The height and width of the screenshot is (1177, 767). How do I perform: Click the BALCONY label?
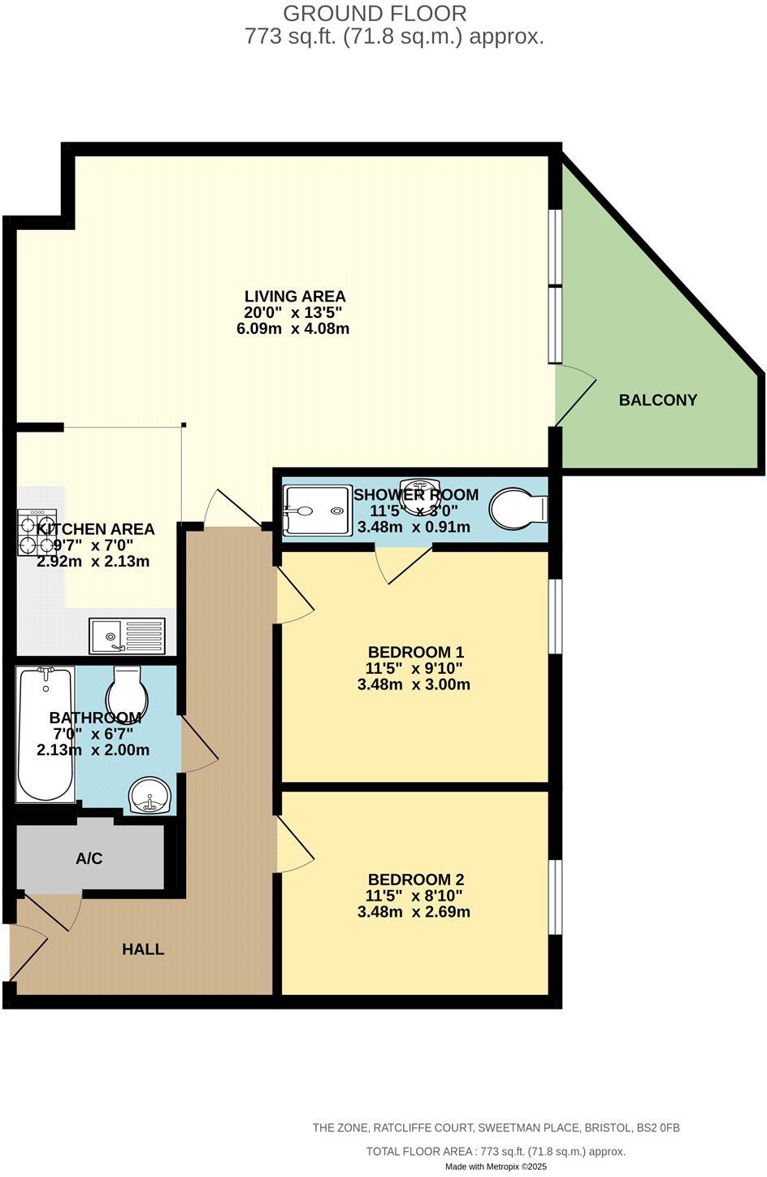pyautogui.click(x=657, y=400)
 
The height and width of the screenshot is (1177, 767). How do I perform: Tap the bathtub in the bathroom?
pyautogui.click(x=46, y=734)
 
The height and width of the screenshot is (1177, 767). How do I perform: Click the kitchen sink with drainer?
pyautogui.click(x=128, y=635)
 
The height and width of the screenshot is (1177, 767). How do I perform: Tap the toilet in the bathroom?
pyautogui.click(x=127, y=690)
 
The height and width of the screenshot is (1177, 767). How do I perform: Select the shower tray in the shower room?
pyautogui.click(x=315, y=510)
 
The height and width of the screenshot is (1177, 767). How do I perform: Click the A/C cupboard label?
pyautogui.click(x=89, y=858)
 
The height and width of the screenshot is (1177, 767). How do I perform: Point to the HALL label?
pyautogui.click(x=143, y=949)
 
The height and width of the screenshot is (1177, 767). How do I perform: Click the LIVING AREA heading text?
pyautogui.click(x=295, y=297)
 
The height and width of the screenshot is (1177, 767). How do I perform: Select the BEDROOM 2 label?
pyautogui.click(x=415, y=879)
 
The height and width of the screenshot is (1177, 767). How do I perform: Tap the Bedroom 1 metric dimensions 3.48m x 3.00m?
pyautogui.click(x=414, y=684)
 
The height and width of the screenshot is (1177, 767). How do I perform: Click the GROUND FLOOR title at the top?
pyautogui.click(x=375, y=13)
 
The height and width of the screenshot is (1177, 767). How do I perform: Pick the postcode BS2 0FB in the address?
pyautogui.click(x=658, y=1127)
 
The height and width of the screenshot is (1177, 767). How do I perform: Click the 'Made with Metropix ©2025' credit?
pyautogui.click(x=496, y=1166)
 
